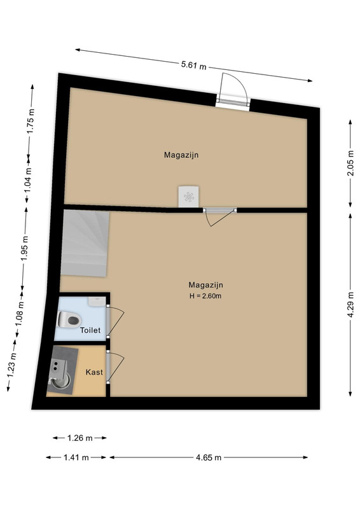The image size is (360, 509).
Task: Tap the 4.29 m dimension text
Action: click(x=350, y=305)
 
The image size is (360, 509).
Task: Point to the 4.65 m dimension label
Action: click(x=209, y=457)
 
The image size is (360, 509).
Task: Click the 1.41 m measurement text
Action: click(x=76, y=457)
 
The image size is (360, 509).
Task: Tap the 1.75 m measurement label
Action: click(x=31, y=120)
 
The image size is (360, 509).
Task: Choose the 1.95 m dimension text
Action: click(x=25, y=248)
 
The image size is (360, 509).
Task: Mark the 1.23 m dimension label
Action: click(x=11, y=365)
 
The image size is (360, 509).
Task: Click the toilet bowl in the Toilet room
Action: click(x=69, y=320)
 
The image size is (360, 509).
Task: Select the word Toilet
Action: click(x=90, y=330)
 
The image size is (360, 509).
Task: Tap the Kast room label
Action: click(x=94, y=372)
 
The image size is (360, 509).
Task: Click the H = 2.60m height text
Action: click(x=205, y=296)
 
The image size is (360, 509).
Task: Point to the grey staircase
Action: click(x=85, y=243)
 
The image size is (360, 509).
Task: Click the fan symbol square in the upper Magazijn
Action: click(x=189, y=197)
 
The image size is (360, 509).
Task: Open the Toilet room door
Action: click(x=115, y=321)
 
